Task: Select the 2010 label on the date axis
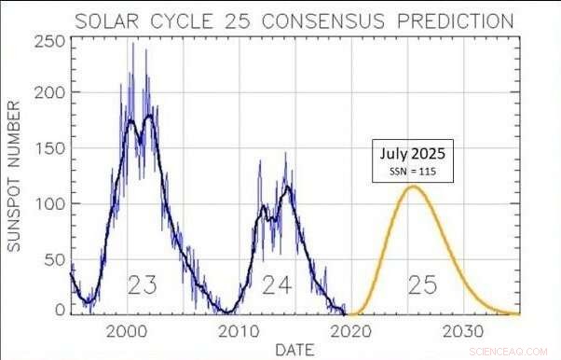click(x=240, y=329)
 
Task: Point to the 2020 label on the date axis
click(x=353, y=329)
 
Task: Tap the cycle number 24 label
click(x=277, y=284)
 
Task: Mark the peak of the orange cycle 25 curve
click(x=413, y=187)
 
